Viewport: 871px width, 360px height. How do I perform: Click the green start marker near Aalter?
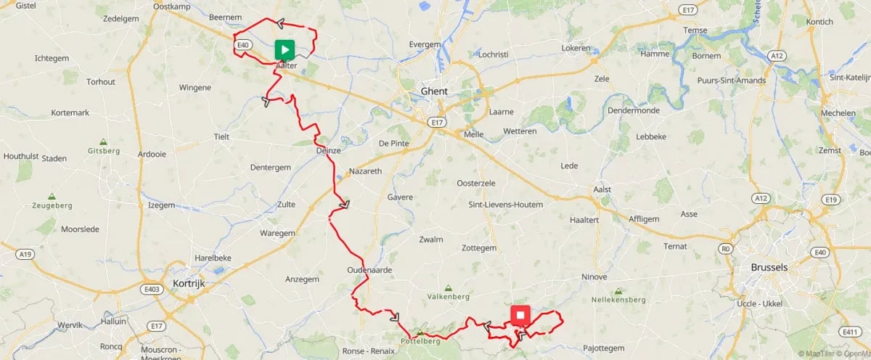[285, 50]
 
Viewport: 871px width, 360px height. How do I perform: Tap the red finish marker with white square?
[520, 315]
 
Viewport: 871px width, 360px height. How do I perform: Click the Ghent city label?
[434, 91]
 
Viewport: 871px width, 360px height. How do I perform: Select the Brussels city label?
[770, 267]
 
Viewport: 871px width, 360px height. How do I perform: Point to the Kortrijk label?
[191, 283]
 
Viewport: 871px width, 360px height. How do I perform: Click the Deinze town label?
[328, 150]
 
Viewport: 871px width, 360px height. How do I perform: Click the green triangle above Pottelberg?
[419, 332]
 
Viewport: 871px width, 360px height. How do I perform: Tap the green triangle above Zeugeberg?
[52, 196]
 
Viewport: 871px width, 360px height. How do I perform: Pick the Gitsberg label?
[103, 151]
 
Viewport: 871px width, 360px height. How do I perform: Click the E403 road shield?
[152, 289]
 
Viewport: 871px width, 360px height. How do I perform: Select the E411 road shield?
[850, 332]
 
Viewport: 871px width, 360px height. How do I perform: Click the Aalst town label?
[602, 189]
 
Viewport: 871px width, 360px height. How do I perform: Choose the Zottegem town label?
[479, 248]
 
